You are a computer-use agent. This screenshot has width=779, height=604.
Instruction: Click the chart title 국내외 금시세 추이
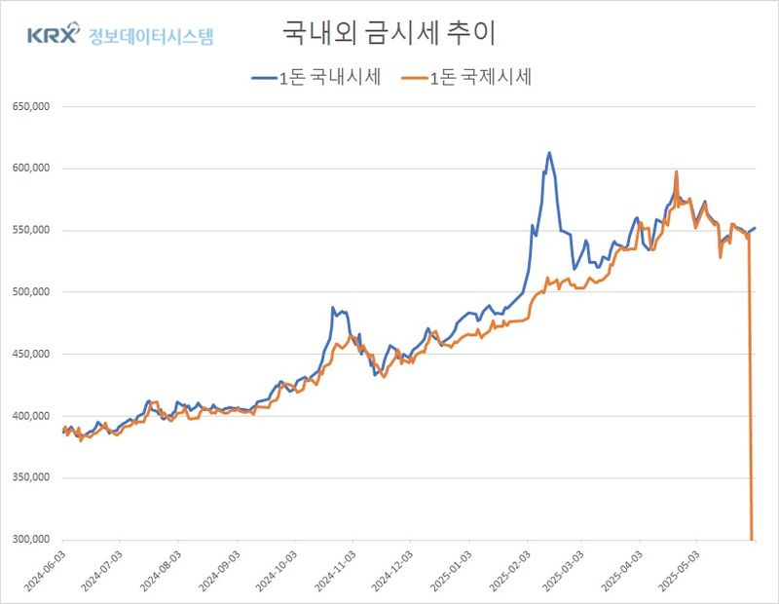(389, 33)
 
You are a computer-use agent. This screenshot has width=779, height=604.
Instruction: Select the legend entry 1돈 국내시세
(315, 79)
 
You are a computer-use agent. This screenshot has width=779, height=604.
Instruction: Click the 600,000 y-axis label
(29, 169)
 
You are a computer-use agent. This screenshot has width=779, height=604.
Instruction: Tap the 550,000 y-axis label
(29, 231)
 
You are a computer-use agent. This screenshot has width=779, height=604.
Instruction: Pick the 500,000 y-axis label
(29, 292)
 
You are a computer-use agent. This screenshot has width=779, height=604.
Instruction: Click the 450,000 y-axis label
(29, 355)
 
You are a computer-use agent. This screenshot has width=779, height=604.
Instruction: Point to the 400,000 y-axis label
(29, 416)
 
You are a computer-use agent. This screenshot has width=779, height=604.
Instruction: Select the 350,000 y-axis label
(29, 478)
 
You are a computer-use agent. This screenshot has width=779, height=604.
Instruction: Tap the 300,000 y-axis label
(29, 540)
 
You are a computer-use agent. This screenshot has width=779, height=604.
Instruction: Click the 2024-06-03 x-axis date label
(45, 569)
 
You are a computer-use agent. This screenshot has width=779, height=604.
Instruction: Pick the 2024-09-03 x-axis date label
(218, 569)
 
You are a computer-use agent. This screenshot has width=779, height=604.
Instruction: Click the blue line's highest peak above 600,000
(549, 153)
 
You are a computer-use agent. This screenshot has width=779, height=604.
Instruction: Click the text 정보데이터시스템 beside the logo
(151, 37)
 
